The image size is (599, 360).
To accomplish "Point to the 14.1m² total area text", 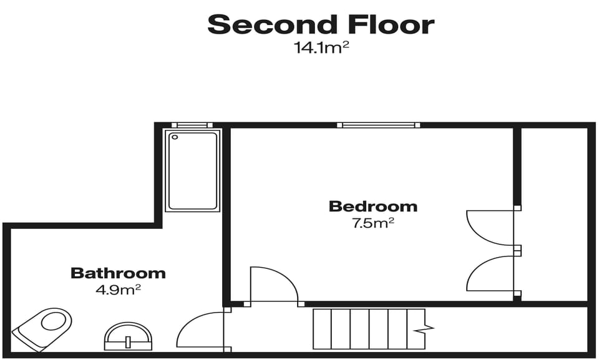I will tap(321, 47).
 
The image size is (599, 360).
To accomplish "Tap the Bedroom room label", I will tap(373, 206).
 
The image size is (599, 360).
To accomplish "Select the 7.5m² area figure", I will tap(373, 223).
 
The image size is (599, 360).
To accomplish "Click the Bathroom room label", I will tap(118, 273).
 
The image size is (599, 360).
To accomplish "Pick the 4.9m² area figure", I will tap(118, 289).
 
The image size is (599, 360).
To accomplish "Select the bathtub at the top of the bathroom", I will tap(192, 170).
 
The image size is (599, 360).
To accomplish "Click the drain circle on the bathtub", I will tap(175, 137).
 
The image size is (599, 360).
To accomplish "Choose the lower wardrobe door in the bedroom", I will tap(491, 273).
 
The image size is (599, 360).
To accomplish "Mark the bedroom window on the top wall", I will tap(378, 125).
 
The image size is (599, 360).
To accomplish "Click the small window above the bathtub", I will tap(192, 125).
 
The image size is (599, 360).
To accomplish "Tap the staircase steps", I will tap(362, 329).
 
